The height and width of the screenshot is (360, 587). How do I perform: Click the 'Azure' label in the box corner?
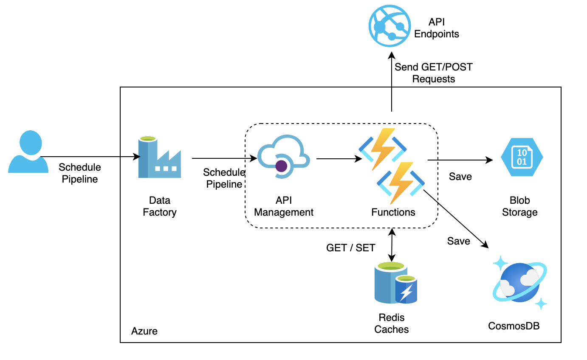(144, 331)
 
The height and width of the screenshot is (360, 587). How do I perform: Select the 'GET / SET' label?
(350, 248)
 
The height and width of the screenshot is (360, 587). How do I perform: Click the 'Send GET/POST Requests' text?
(433, 73)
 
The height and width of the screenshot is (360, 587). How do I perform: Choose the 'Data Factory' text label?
(159, 206)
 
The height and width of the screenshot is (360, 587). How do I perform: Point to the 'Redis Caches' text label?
(392, 323)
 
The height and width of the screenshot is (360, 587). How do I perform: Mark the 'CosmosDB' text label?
(514, 326)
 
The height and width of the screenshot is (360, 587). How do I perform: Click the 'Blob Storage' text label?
(519, 206)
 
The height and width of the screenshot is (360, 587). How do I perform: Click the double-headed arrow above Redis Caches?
(392, 245)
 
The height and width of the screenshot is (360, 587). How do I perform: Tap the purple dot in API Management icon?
(281, 166)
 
